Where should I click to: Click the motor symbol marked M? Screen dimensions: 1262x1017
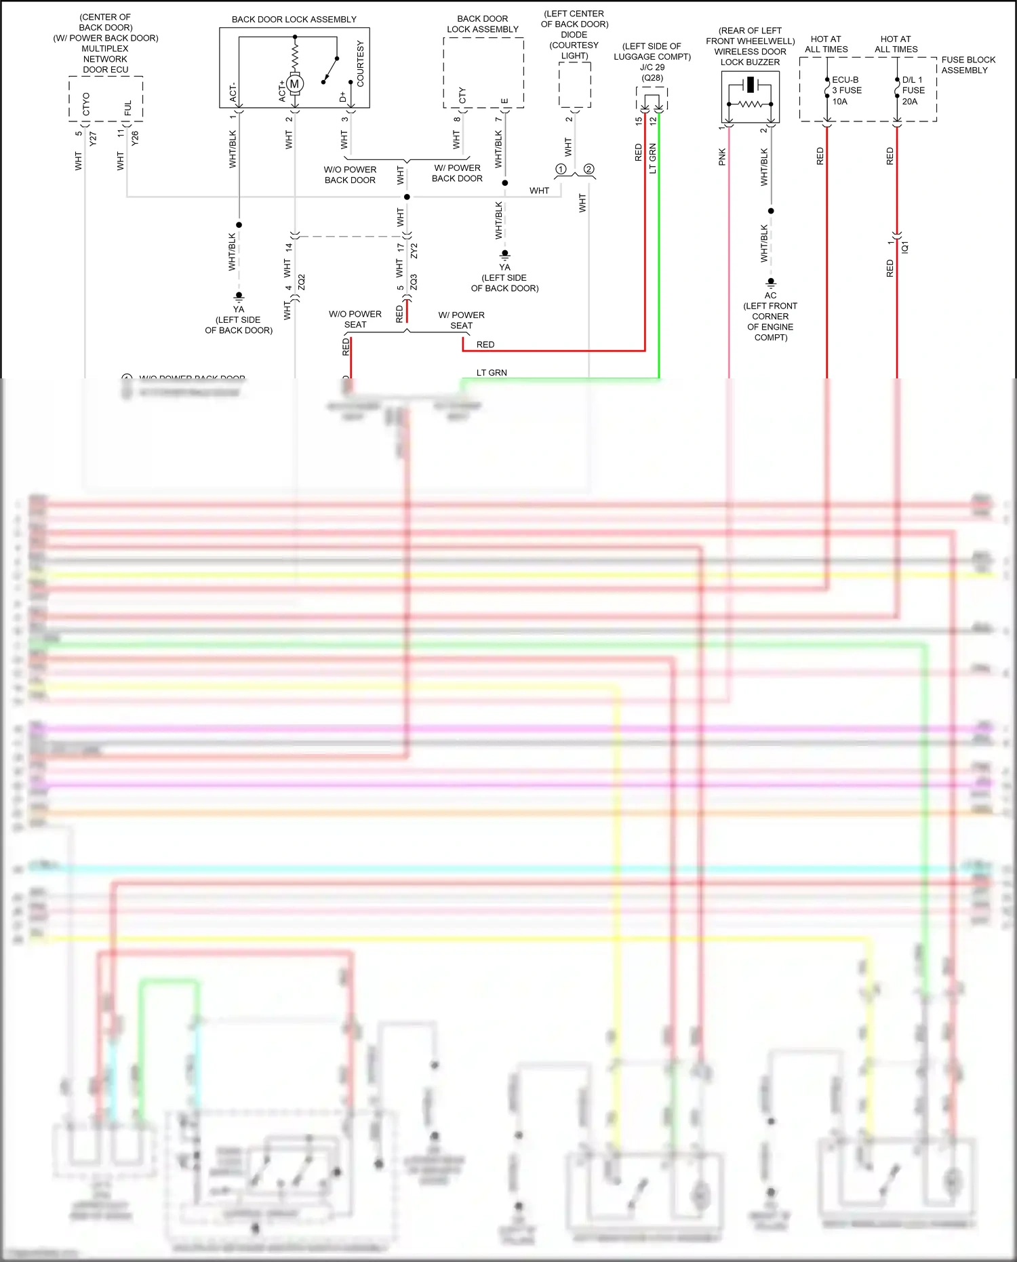(x=294, y=84)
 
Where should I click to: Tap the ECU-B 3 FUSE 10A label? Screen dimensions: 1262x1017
(x=847, y=90)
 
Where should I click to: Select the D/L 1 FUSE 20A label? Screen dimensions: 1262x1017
(x=913, y=90)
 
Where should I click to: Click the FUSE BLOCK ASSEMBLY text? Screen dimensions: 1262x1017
(x=968, y=65)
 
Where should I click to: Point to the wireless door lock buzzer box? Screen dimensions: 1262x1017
(x=750, y=96)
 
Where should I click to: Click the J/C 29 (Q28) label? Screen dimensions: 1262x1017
(x=652, y=72)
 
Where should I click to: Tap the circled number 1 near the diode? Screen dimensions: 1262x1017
(x=561, y=169)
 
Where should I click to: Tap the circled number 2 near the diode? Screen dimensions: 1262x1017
(x=589, y=169)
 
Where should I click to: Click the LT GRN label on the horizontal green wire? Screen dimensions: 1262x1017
(x=492, y=373)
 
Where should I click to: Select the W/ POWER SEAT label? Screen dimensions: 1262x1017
(x=461, y=320)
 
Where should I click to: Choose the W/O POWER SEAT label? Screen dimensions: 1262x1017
(x=355, y=319)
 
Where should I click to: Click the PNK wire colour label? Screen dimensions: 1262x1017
(x=722, y=157)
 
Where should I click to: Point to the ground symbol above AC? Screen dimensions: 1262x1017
(x=771, y=282)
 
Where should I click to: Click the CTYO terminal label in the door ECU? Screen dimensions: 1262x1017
(x=86, y=104)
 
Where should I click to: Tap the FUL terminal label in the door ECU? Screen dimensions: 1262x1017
(x=128, y=107)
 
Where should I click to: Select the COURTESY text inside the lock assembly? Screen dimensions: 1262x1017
(x=360, y=64)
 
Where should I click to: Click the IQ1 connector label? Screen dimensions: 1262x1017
(x=905, y=247)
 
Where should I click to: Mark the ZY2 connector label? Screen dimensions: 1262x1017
(x=414, y=250)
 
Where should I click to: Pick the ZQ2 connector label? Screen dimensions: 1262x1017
(x=302, y=281)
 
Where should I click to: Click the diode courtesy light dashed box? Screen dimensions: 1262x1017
(x=574, y=85)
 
